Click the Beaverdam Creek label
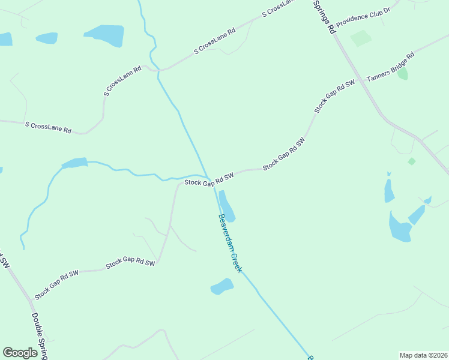click(x=230, y=243)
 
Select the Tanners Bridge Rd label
click(x=390, y=68)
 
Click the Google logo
click(x=20, y=353)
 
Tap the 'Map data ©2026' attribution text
click(x=423, y=355)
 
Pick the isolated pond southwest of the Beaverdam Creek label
click(x=221, y=287)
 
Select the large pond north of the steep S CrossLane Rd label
click(x=105, y=35)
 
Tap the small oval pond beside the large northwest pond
click(x=46, y=38)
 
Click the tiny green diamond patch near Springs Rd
click(x=411, y=161)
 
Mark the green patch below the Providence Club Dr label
click(x=361, y=38)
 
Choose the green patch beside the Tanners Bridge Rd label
click(x=402, y=74)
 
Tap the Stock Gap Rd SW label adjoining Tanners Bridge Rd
click(x=334, y=95)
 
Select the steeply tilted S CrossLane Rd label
click(x=122, y=81)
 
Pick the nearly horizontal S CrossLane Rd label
click(x=48, y=127)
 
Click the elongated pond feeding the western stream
click(x=74, y=163)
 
